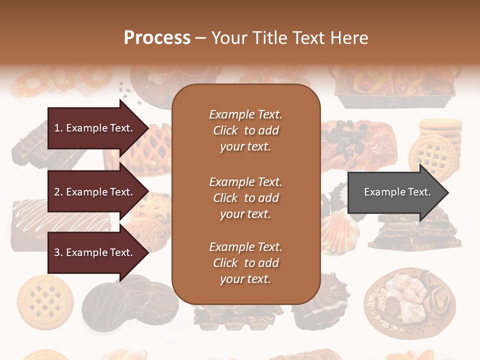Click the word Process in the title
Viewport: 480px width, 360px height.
(157, 38)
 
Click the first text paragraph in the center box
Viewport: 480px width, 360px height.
(245, 130)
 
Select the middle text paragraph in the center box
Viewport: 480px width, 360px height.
(245, 198)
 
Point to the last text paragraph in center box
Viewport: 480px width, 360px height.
(245, 263)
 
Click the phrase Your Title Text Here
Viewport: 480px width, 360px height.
(289, 38)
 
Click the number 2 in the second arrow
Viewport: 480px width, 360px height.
(57, 192)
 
